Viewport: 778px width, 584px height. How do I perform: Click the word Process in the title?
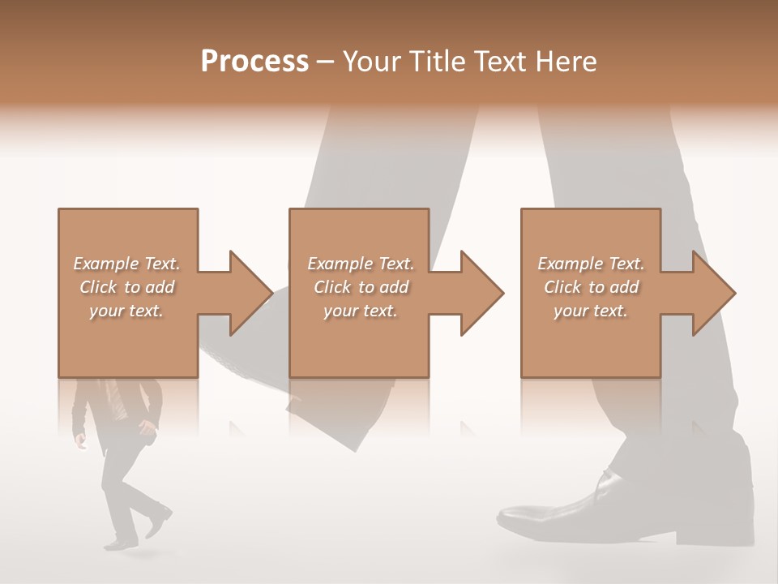254,62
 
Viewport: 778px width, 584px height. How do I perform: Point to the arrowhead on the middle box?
481,293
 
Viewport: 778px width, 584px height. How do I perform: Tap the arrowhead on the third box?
713,293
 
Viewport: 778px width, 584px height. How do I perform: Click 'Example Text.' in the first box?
127,264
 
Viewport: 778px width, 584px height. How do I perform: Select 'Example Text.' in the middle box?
361,264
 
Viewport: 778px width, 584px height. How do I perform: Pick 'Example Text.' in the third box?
591,264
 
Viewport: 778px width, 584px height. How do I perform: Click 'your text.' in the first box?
126,311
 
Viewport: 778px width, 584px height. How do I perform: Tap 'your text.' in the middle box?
361,311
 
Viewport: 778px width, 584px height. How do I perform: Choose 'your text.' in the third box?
591,311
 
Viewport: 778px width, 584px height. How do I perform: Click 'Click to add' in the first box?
127,287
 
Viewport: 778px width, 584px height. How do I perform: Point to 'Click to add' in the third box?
592,287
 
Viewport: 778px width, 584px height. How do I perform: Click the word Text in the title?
501,62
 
